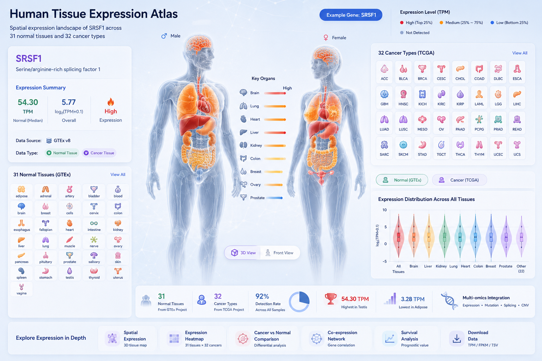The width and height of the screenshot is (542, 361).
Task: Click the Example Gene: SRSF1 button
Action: [x=351, y=15]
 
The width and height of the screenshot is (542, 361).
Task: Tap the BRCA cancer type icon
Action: [x=422, y=69]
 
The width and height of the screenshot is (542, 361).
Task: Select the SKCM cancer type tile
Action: [x=403, y=148]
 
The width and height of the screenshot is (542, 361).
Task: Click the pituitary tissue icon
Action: [x=46, y=255]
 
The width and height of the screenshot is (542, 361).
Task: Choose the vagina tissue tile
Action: [x=22, y=289]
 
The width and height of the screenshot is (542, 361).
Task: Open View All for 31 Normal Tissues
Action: [x=118, y=175]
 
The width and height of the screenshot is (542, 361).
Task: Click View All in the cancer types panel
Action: [x=520, y=53]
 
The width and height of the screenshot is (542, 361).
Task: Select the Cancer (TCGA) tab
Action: [x=459, y=180]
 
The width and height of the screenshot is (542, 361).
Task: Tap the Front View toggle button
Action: [x=279, y=253]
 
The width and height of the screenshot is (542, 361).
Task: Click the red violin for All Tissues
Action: [x=398, y=236]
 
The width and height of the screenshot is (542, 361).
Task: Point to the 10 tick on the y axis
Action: [x=385, y=210]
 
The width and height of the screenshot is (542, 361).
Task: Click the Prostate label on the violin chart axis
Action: [x=505, y=266]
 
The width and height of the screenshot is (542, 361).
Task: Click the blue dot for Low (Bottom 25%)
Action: [x=492, y=23]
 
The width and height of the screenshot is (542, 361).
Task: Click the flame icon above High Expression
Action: [x=110, y=102]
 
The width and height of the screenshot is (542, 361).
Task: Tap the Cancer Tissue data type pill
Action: [x=99, y=153]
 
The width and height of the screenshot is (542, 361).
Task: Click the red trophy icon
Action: [x=331, y=299]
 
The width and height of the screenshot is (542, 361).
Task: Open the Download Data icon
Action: [x=457, y=338]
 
